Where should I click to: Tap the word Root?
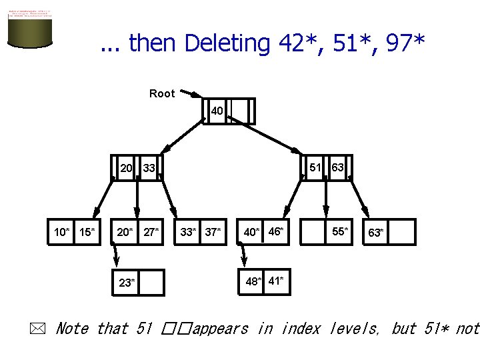coord(162,93)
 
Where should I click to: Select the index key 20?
coord(126,168)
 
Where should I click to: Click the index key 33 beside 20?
coord(149,168)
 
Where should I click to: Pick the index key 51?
coord(315,167)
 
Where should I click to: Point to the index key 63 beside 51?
coord(337,167)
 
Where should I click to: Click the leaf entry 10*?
coord(61,232)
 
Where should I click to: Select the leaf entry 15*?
coord(87,232)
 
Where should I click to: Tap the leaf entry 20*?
coord(125,232)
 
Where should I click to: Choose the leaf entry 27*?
coord(151,232)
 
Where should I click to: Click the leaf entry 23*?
coord(127,282)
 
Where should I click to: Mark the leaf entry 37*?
coord(213,232)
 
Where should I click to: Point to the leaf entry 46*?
coord(275,231)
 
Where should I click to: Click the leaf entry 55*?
coord(339,231)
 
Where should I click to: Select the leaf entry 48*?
coord(253,281)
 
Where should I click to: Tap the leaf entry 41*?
coord(276,280)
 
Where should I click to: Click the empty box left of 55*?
coord(313,232)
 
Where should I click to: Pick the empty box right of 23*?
coord(152,282)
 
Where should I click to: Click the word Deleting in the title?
coord(226,43)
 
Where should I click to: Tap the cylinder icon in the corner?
coord(30,29)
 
